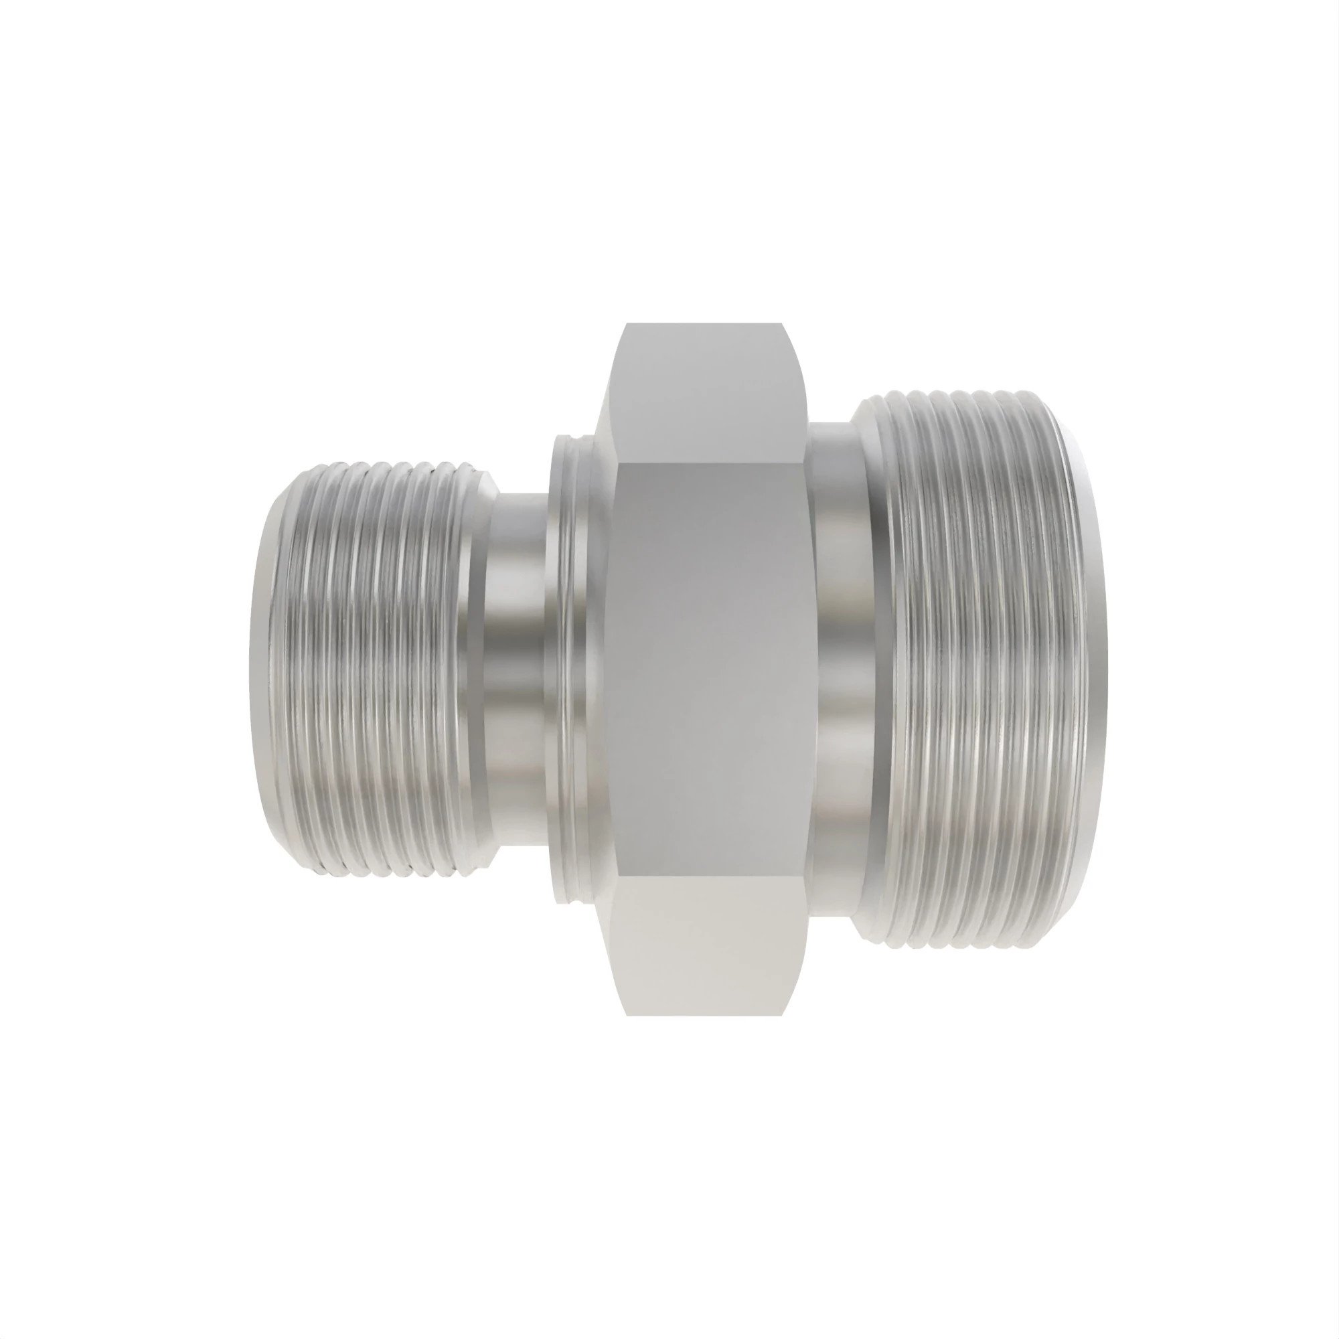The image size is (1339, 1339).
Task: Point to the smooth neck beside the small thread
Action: (516, 669)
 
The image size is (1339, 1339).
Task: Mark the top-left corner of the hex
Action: (627, 323)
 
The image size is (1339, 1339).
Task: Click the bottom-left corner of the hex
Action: (627, 1016)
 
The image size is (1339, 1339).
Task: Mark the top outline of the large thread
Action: (963, 393)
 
